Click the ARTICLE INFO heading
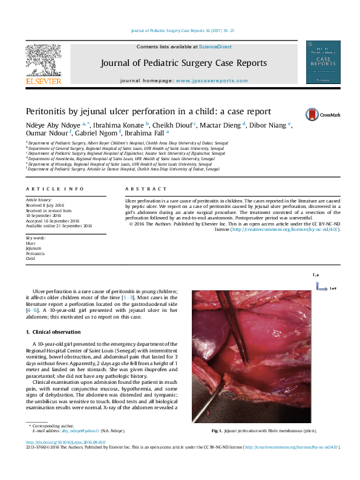coord(54,189)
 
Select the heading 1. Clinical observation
coord(53,332)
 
